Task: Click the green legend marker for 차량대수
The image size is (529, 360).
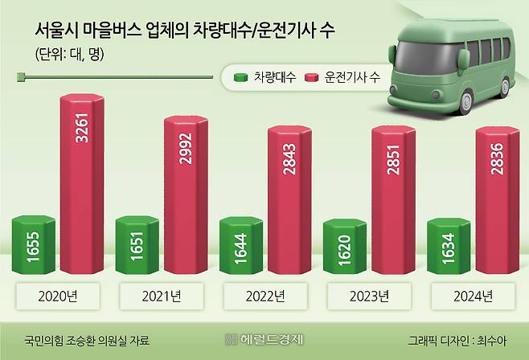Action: click(240, 77)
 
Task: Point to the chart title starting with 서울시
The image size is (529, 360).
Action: click(185, 32)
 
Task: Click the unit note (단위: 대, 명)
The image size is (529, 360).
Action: click(70, 55)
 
